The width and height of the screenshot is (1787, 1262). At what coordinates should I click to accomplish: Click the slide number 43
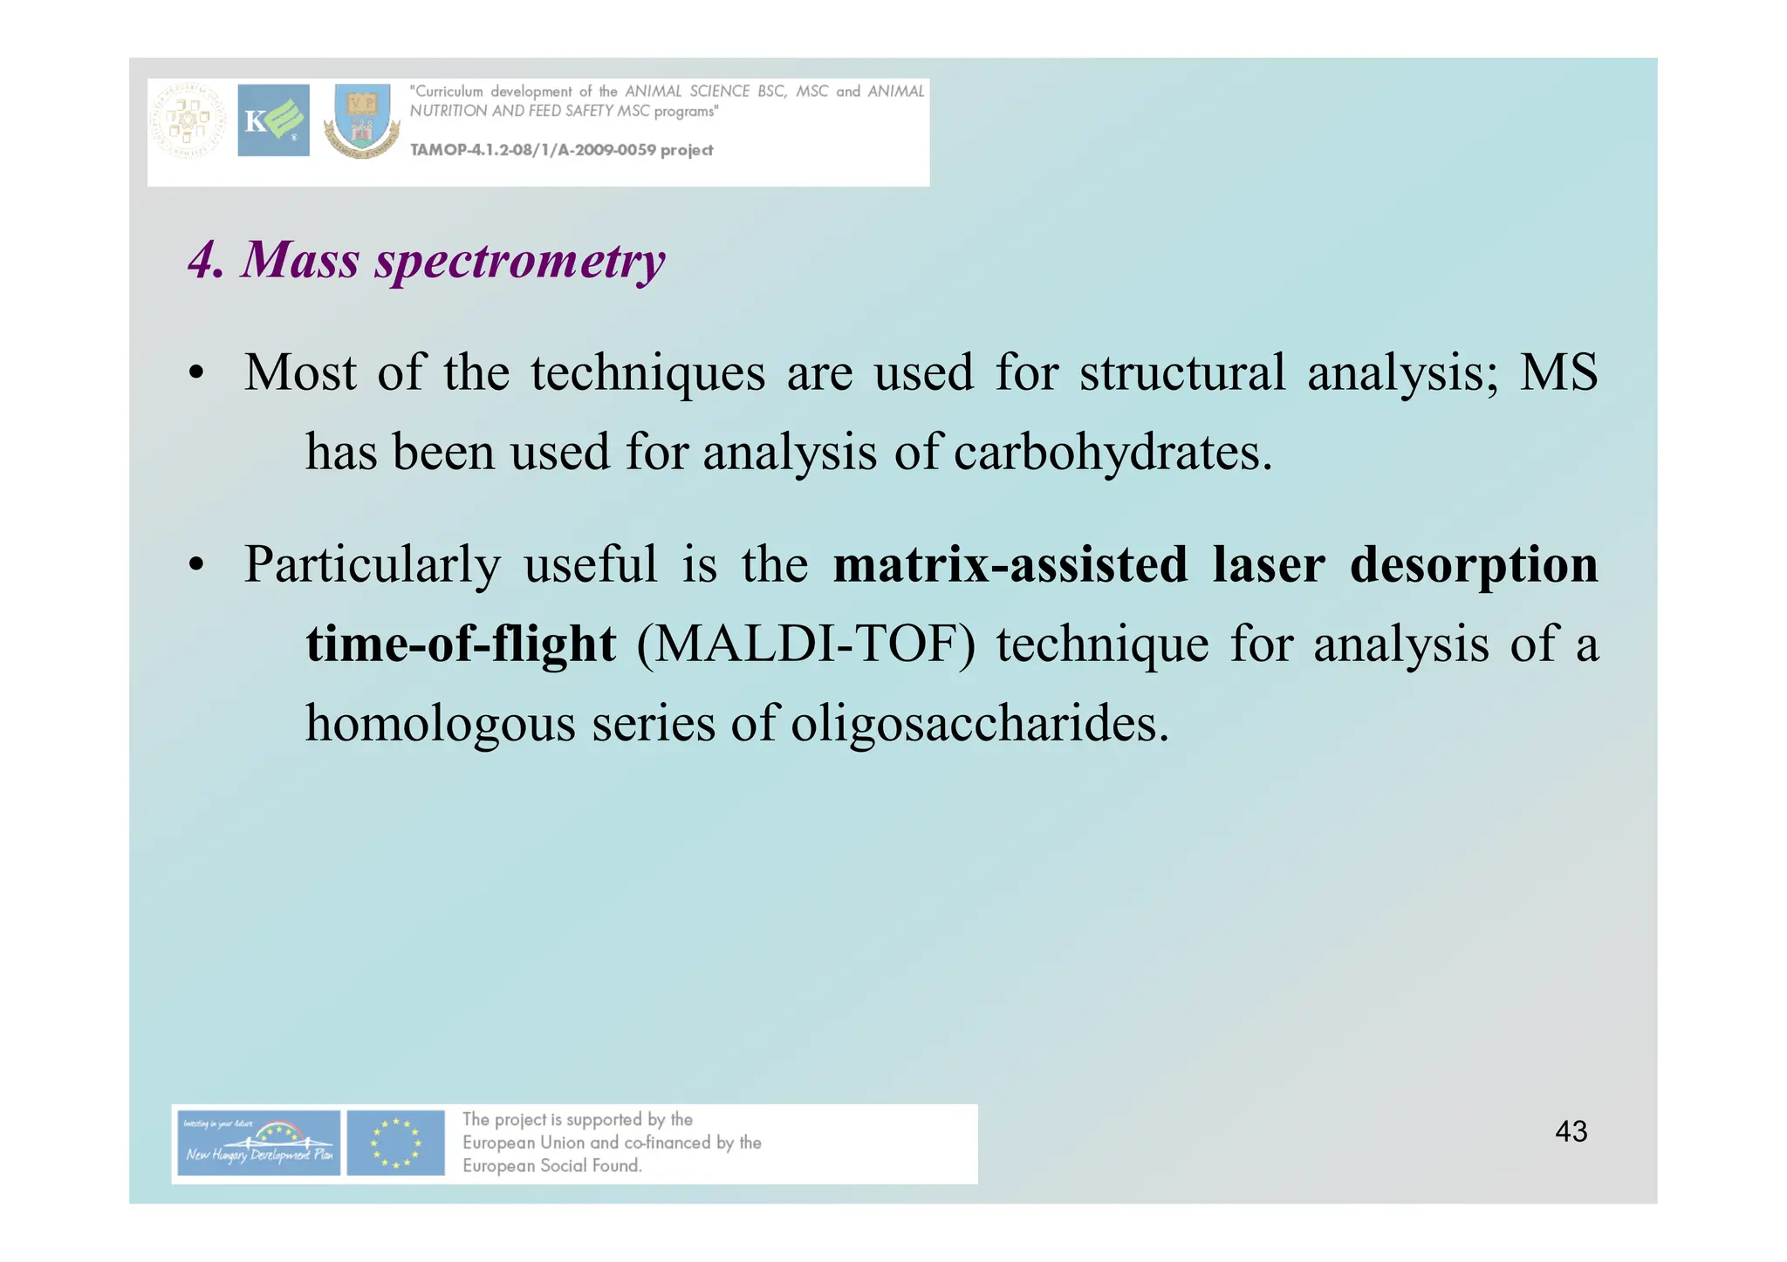click(1571, 1131)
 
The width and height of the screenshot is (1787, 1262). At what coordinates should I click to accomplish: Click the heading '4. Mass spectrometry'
click(427, 260)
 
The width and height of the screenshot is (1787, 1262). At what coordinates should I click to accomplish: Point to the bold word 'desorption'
click(1473, 564)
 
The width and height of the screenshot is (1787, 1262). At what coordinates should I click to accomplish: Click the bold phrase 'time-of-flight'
click(461, 645)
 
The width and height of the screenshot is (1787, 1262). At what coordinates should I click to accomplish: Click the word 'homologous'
click(440, 724)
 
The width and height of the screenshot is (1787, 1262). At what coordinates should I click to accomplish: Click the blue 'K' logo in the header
click(273, 120)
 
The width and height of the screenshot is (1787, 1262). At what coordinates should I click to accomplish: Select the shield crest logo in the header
click(362, 121)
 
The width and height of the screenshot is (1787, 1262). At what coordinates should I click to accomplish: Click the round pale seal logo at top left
click(188, 121)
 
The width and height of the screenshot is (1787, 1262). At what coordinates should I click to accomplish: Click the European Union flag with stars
click(395, 1143)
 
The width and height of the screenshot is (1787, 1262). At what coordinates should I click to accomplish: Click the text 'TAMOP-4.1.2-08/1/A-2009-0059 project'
click(561, 150)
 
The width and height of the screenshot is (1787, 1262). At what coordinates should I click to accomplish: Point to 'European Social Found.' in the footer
click(551, 1166)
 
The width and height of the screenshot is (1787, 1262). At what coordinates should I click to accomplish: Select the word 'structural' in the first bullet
click(1182, 373)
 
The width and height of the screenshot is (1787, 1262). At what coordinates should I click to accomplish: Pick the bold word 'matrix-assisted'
click(1010, 564)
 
